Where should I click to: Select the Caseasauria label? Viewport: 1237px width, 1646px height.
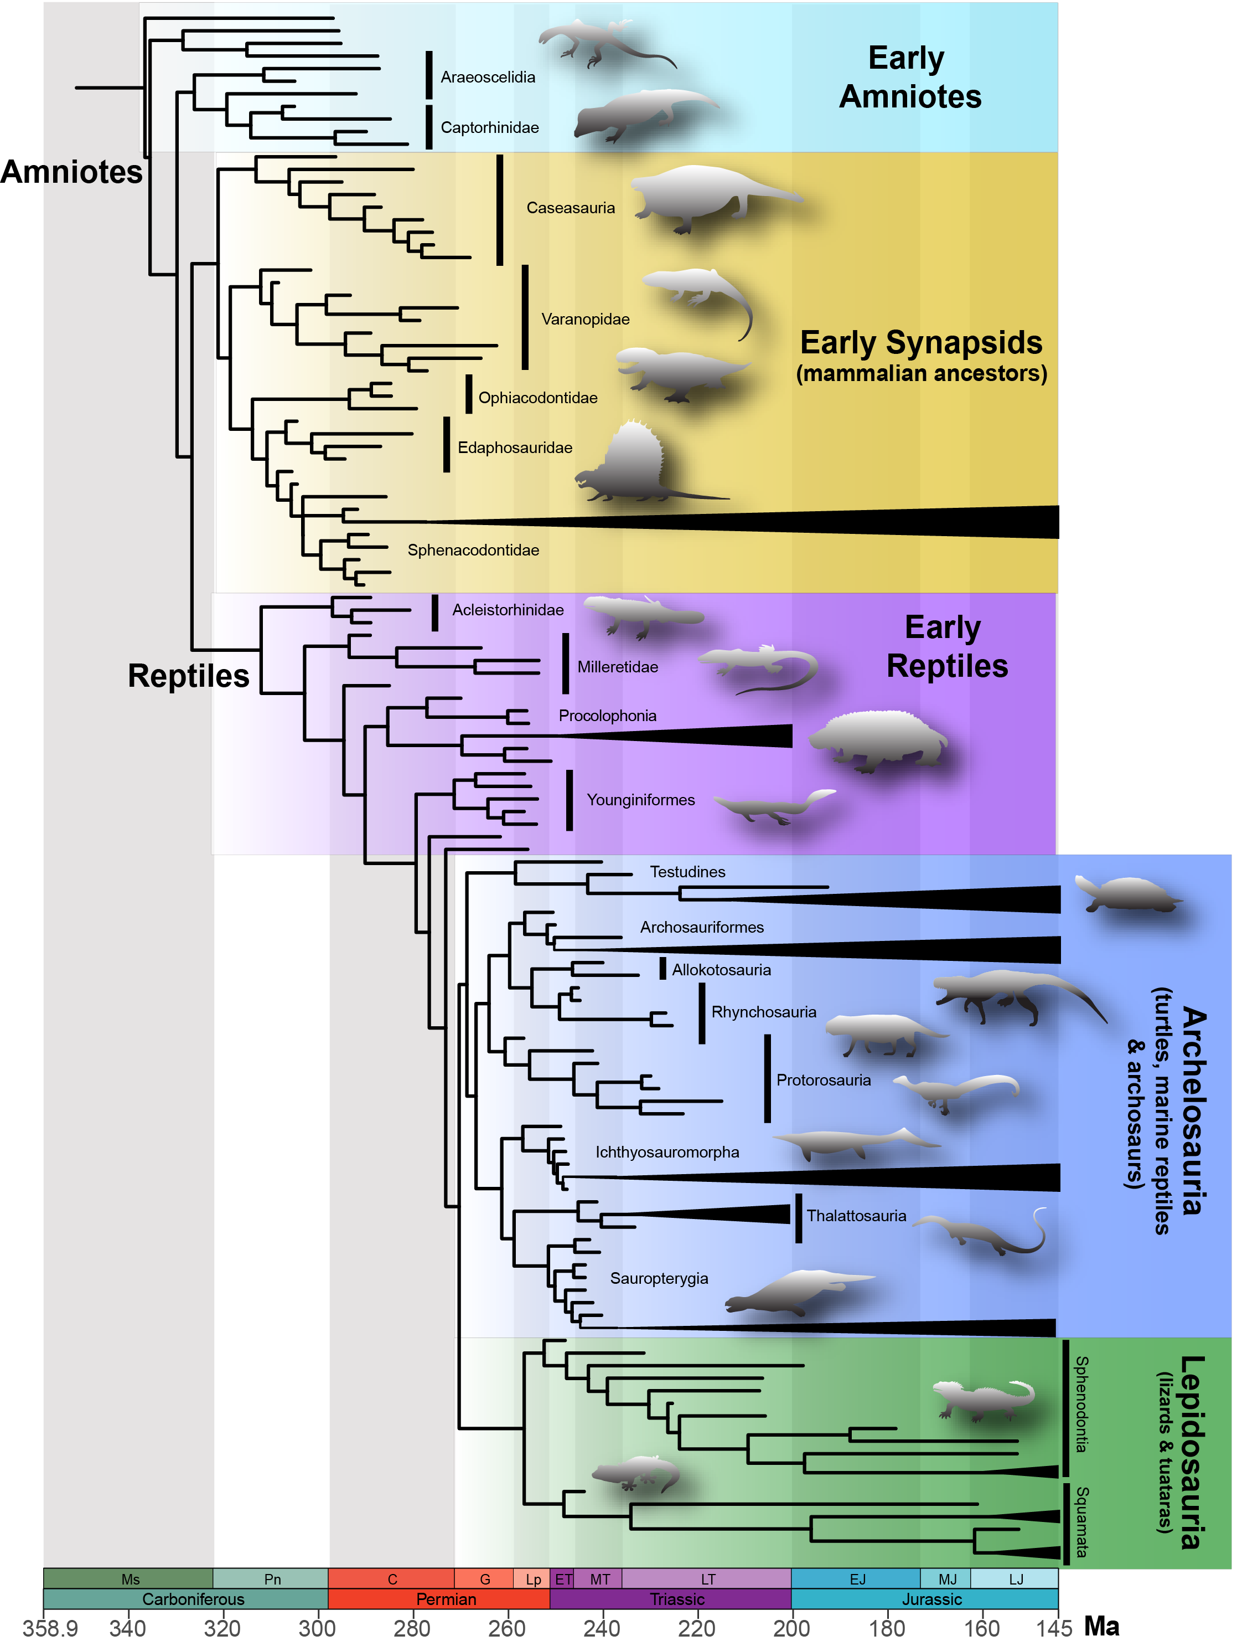coord(571,208)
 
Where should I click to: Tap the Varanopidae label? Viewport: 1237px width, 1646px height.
coord(586,319)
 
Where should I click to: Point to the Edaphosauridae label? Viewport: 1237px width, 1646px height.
coord(515,448)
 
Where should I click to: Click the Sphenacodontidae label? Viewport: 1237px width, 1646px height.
coord(473,551)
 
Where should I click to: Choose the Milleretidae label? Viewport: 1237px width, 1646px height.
coord(617,667)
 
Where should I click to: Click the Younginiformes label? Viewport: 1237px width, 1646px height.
coord(640,800)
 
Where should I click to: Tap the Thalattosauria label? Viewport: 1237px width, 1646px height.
coord(856,1216)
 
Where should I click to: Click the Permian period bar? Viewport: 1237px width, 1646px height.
coord(446,1599)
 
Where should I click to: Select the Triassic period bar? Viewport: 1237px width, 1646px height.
coord(677,1599)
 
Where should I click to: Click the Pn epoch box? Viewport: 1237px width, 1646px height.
coord(272,1579)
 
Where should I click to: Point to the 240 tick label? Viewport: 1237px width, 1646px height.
coord(601,1628)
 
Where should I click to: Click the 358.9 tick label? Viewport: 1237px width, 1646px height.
coord(50,1628)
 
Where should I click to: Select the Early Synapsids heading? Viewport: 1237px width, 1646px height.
coord(921,344)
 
